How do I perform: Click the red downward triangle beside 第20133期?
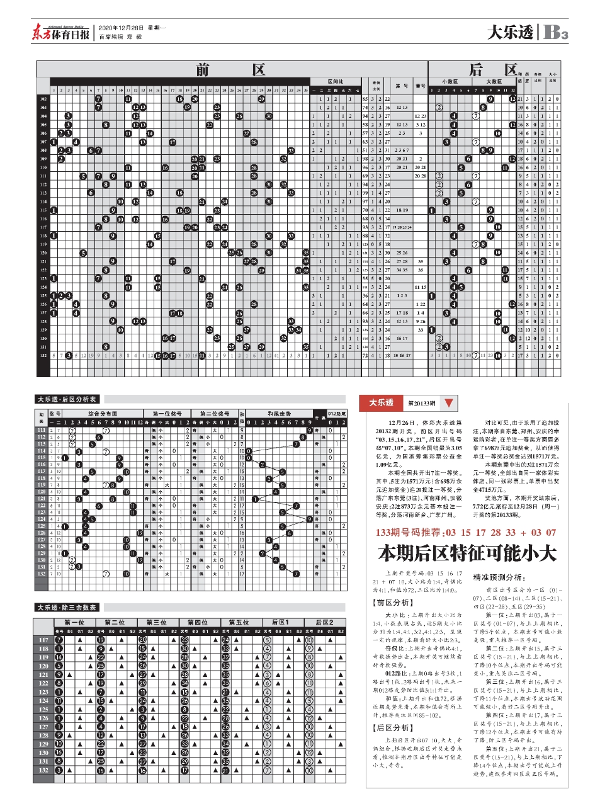tap(448, 403)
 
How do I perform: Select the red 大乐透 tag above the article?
tap(382, 403)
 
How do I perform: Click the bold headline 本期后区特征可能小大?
tap(467, 553)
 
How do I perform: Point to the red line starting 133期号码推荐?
tap(466, 533)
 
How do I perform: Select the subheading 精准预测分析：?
tap(499, 577)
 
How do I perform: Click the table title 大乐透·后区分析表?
tap(67, 399)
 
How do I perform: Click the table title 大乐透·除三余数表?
tap(67, 608)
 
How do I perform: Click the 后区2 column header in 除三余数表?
tap(324, 622)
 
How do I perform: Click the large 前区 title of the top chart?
tap(230, 69)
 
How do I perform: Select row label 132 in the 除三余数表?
tap(43, 770)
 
